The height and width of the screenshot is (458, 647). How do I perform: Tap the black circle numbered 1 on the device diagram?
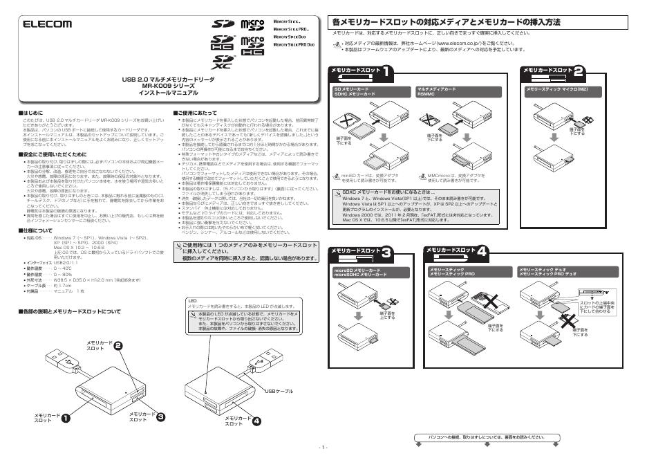[x=66, y=418]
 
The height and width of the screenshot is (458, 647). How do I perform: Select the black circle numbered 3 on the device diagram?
[x=160, y=416]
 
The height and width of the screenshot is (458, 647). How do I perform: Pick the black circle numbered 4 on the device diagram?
[x=256, y=420]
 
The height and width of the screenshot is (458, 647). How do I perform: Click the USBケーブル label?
[x=279, y=392]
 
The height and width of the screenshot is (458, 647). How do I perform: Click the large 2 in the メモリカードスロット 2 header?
[x=579, y=71]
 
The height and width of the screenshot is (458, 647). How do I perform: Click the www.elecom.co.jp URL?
[x=462, y=43]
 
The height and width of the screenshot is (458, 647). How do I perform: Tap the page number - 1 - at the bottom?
[x=323, y=448]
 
